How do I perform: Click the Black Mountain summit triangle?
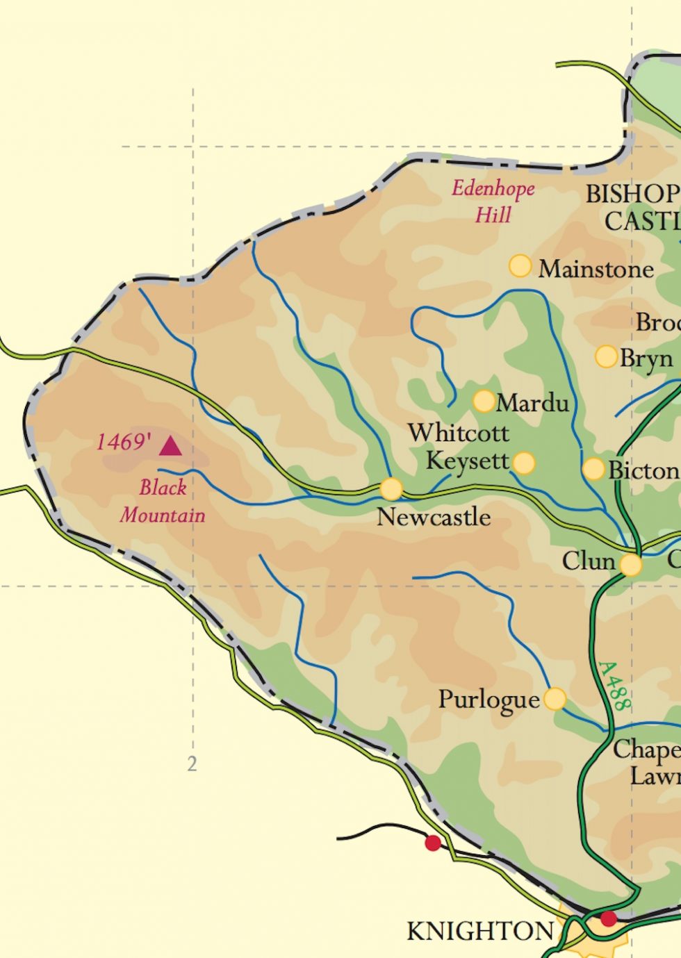pos(170,446)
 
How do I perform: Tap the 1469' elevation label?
pos(124,442)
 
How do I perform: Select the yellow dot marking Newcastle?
pos(391,489)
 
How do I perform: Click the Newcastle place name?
pos(434,517)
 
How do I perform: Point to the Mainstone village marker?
pos(520,266)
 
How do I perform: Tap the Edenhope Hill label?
pos(493,201)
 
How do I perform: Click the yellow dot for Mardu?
pos(484,401)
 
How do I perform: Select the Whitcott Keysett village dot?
pos(524,463)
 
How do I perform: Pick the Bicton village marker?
pos(593,469)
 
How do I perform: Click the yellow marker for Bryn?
pos(606,356)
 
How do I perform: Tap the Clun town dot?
pos(630,565)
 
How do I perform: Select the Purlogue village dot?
pos(555,699)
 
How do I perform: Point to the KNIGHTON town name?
pos(480,931)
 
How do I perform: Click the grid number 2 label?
pos(192,764)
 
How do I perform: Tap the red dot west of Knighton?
pos(433,843)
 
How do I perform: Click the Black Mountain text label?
pos(163,502)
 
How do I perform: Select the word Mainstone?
pos(596,270)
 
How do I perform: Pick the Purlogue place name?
pos(489,700)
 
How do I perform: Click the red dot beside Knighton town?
pos(609,919)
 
